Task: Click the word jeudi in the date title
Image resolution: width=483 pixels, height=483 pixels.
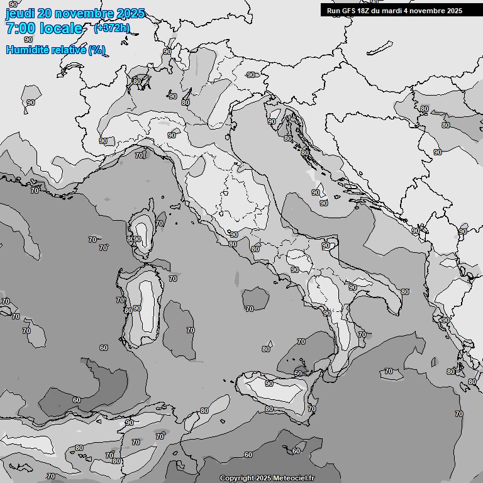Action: pos(18,14)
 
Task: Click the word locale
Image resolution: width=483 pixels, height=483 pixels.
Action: pos(61,28)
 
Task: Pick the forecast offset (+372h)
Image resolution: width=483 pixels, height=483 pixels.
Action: pos(112,28)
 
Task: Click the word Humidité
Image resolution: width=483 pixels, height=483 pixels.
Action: pos(29,50)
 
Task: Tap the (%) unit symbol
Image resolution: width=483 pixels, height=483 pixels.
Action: pos(97,50)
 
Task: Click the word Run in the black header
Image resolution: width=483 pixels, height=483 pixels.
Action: pos(333,11)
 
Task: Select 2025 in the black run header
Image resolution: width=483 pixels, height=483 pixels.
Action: pos(452,11)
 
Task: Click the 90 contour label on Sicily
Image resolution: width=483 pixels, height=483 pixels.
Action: pos(269,384)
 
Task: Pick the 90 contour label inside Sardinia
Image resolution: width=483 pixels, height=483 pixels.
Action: pos(136,308)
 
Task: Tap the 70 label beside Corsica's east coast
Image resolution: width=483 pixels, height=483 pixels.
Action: pos(160,223)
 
